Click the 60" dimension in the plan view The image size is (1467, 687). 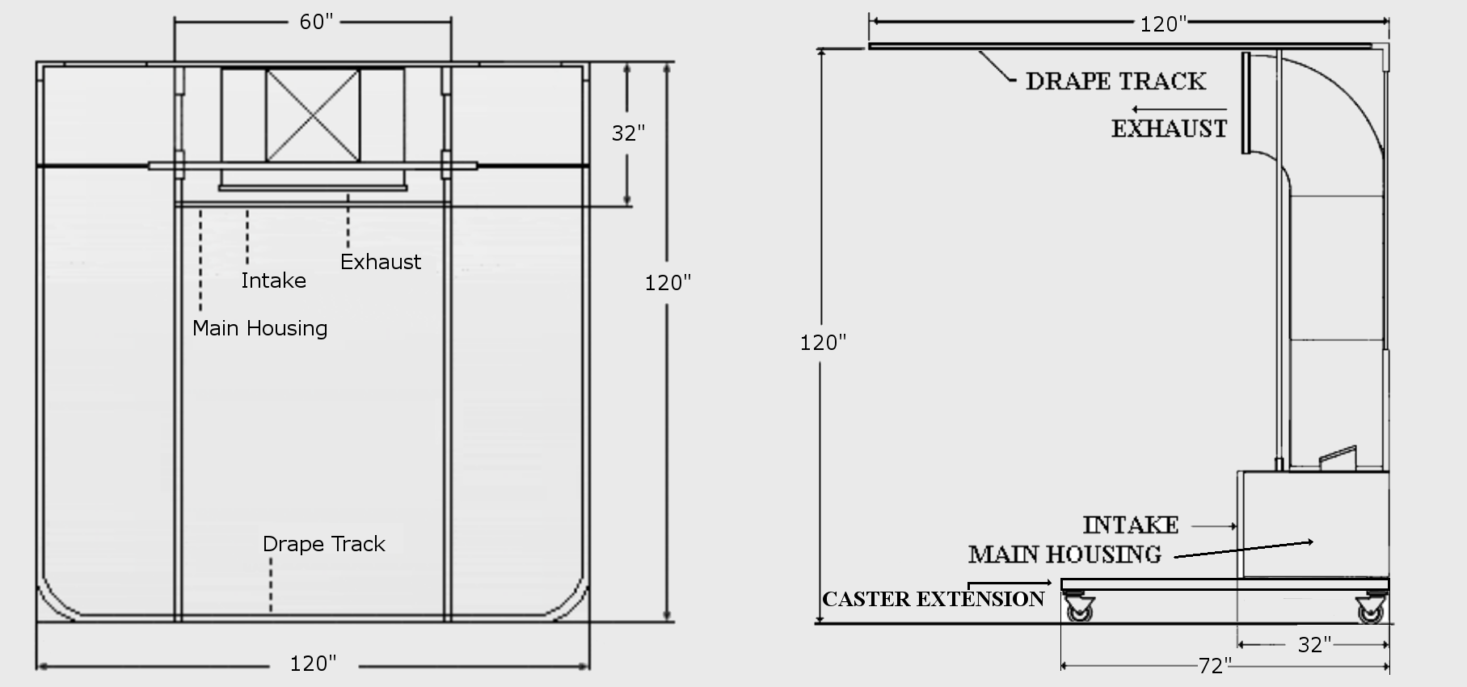(316, 22)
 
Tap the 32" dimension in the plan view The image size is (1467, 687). (628, 133)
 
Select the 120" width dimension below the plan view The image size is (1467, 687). (313, 664)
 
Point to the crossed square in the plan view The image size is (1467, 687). (313, 115)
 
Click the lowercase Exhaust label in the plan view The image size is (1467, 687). (380, 262)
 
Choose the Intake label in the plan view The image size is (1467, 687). (273, 280)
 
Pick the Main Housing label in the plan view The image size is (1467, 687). (259, 328)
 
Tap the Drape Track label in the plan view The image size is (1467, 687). (323, 544)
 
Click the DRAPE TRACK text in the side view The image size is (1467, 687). (1115, 81)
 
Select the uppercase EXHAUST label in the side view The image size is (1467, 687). (1169, 129)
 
